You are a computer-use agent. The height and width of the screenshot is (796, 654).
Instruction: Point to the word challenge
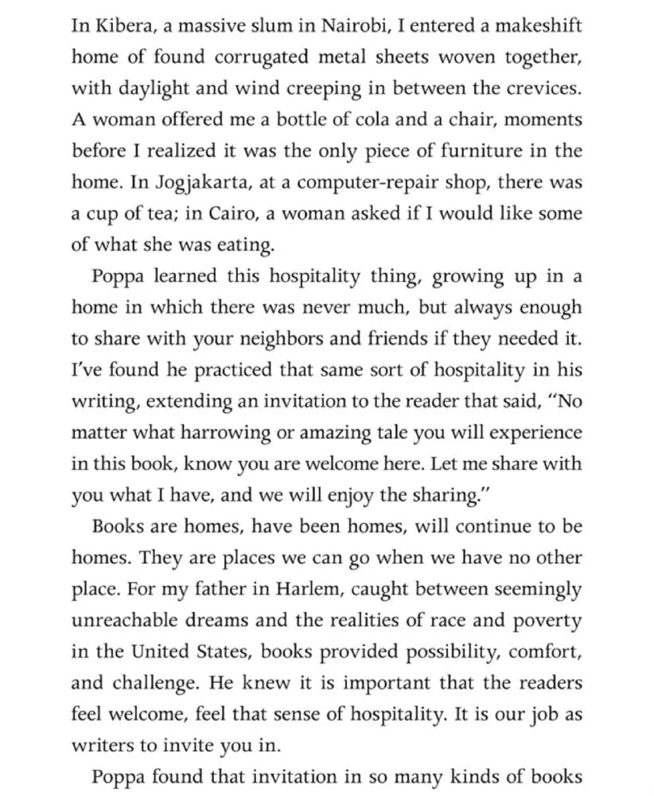(x=145, y=684)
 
